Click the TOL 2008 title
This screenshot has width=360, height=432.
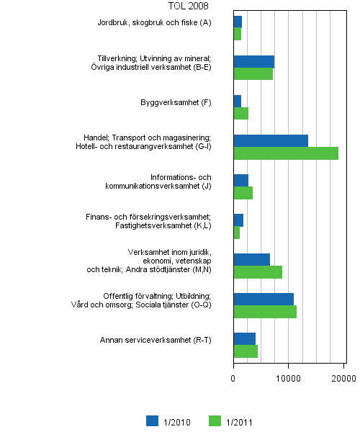(x=188, y=6)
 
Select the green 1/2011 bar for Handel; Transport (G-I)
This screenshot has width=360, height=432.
(x=286, y=153)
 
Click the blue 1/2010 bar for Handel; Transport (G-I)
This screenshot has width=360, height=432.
(x=271, y=140)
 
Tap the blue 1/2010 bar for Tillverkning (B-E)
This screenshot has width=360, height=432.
(x=253, y=61)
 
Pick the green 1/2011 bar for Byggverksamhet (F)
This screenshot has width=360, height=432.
(x=241, y=114)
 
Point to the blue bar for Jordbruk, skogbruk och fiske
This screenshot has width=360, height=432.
(x=238, y=22)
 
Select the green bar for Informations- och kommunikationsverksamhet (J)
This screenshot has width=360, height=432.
(x=243, y=193)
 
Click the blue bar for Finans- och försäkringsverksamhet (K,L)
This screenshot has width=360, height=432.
(x=238, y=220)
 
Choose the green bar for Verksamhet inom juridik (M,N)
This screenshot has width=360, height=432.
(x=258, y=272)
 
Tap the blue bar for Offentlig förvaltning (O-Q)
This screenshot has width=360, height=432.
(x=264, y=299)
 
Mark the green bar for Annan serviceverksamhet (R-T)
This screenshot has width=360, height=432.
(x=246, y=351)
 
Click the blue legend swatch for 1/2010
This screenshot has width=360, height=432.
(x=152, y=422)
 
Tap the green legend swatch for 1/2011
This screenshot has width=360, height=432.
(x=215, y=422)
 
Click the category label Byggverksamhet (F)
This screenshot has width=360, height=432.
(x=176, y=102)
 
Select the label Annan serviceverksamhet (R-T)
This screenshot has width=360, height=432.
(x=156, y=340)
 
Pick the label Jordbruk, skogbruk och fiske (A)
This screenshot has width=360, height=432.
(x=154, y=23)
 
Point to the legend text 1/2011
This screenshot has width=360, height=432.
(x=238, y=423)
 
